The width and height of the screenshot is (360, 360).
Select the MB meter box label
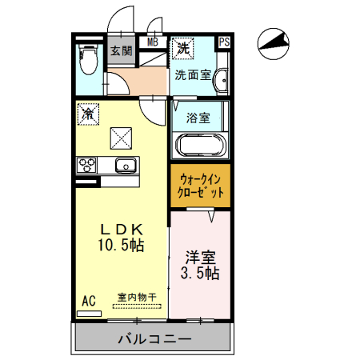[x=152, y=42]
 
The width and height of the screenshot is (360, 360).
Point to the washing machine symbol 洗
[x=184, y=48]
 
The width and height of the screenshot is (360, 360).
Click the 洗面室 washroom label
[x=192, y=76]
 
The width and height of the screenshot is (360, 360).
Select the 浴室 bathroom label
[x=198, y=118]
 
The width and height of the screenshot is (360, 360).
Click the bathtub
[x=201, y=146]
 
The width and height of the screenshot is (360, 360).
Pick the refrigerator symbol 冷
[x=87, y=114]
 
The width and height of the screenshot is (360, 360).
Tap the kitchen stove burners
[x=86, y=166]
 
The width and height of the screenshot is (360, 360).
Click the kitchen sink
[x=125, y=166]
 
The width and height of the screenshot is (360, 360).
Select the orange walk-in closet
[x=200, y=186]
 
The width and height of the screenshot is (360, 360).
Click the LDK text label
[x=121, y=227]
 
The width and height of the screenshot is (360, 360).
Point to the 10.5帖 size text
[x=121, y=244]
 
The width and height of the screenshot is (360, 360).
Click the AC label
[x=89, y=300]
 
